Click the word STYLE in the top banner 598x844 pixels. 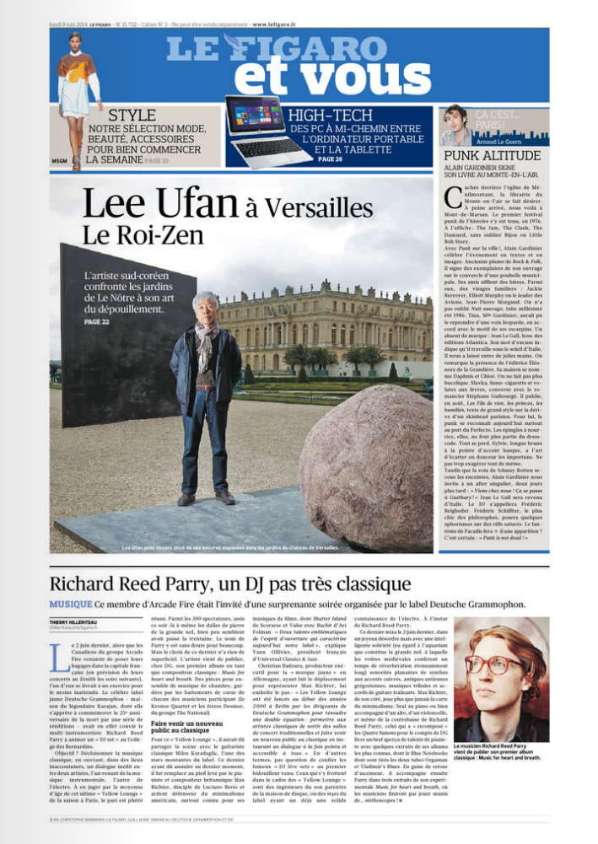[x=132, y=116]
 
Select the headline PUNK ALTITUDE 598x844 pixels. [x=491, y=156]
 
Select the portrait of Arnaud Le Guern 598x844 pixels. [x=455, y=126]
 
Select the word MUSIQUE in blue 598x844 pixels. [x=70, y=604]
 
